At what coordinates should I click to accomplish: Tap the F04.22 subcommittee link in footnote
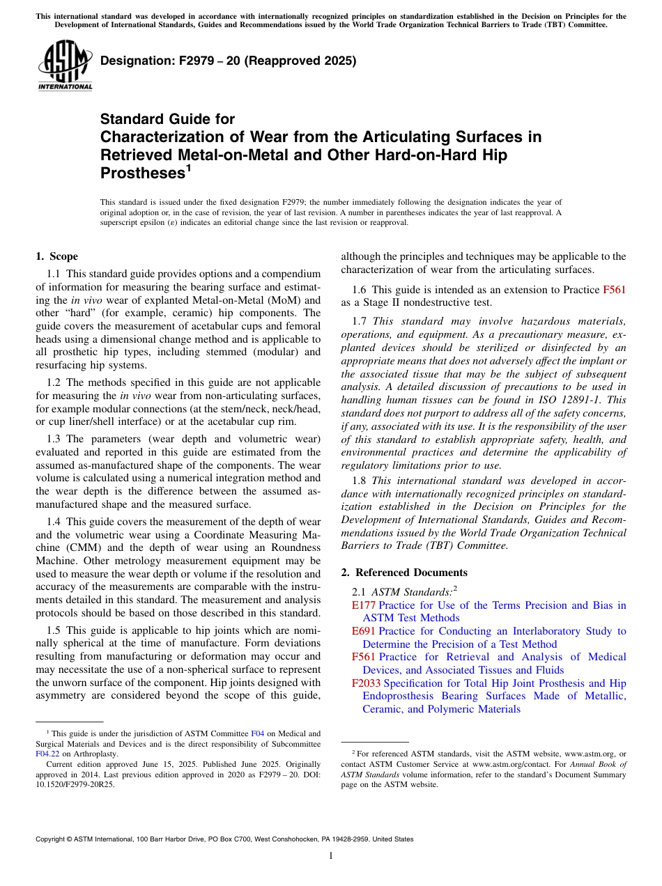point(45,753)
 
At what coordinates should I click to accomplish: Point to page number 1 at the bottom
point(331,855)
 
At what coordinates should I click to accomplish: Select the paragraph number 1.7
point(360,321)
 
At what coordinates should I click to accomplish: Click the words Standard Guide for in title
point(167,119)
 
